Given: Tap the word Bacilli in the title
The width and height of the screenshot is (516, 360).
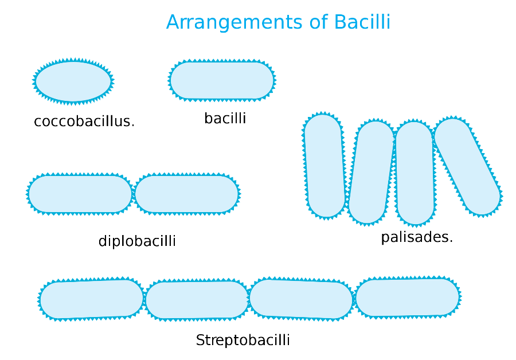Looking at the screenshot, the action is pos(362,22).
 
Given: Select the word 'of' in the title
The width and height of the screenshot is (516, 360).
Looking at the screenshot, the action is pos(319,22).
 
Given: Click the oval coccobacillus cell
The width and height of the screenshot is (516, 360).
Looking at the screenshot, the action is pos(73,81).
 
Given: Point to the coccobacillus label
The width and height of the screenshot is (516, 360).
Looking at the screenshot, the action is pos(84,122).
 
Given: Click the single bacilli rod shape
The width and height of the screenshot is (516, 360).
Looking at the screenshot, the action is pos(222,80).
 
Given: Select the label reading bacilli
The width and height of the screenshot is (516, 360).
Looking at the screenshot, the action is pos(225,118).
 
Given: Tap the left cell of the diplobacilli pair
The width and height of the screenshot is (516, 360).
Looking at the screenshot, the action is pos(80,194).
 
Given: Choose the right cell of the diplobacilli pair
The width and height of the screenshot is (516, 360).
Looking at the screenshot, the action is pos(187,194).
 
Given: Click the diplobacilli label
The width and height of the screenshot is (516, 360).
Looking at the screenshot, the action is pos(137,241).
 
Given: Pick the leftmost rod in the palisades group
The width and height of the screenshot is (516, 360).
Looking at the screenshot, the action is pos(325,166).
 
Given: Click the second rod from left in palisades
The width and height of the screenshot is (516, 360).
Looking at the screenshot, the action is pos(371,173).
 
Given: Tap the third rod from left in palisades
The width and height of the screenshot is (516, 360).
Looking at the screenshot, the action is pos(415,173).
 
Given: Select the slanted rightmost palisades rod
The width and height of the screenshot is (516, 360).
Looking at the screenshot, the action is pos(467,166).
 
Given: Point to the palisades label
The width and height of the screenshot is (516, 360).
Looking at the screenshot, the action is pos(417,237).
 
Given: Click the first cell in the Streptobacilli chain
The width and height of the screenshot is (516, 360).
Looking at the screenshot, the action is pos(92,299).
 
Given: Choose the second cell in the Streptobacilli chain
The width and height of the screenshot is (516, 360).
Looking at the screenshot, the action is pos(197,300).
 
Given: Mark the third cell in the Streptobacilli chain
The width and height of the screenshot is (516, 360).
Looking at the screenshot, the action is pos(301,299).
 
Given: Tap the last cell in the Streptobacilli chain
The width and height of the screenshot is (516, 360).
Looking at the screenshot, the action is pos(408,298).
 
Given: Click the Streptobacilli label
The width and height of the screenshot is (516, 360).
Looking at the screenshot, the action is pos(243,341).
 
